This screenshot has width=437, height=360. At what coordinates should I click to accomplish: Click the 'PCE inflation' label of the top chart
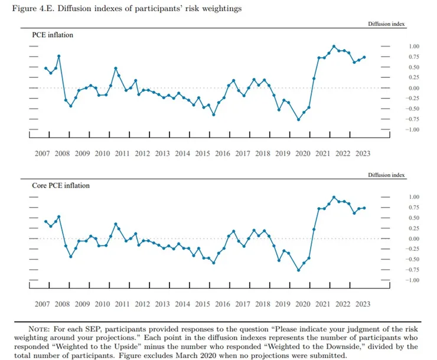tap(53, 35)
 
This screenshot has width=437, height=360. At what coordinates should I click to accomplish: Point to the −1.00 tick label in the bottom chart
tap(412, 280)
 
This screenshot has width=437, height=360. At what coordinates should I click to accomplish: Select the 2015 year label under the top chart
tap(202, 153)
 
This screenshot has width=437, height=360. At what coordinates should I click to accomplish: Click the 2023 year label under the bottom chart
tap(363, 304)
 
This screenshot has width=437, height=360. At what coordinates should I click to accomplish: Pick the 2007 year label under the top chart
tap(42, 153)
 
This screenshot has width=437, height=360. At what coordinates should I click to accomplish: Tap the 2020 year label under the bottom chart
tap(302, 304)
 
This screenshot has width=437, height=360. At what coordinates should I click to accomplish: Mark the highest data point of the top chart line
tap(334, 45)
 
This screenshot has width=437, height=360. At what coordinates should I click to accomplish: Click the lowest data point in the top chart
tap(298, 120)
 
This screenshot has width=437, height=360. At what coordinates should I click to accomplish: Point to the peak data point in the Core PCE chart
tap(334, 197)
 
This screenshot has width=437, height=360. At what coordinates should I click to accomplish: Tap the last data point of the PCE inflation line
tap(364, 57)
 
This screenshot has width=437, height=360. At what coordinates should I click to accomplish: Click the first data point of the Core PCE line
tap(45, 221)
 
